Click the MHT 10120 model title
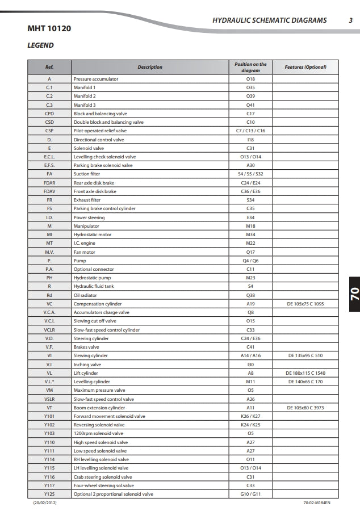(x=49, y=28)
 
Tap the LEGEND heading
(x=41, y=45)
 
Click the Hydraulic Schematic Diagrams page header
(x=269, y=20)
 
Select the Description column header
(x=150, y=67)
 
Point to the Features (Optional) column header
(x=305, y=67)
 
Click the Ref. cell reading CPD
(x=49, y=114)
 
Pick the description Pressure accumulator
(x=94, y=79)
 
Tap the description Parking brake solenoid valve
(x=103, y=165)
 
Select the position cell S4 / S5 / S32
(x=250, y=174)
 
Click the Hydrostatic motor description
(x=93, y=235)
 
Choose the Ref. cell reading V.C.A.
(x=49, y=312)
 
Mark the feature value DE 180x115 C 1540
(x=305, y=373)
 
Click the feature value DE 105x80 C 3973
(x=305, y=408)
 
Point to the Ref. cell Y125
(x=49, y=494)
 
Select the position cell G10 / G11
(x=250, y=494)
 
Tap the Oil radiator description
(x=85, y=295)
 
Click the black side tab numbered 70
(x=353, y=294)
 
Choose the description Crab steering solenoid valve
(x=103, y=477)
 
